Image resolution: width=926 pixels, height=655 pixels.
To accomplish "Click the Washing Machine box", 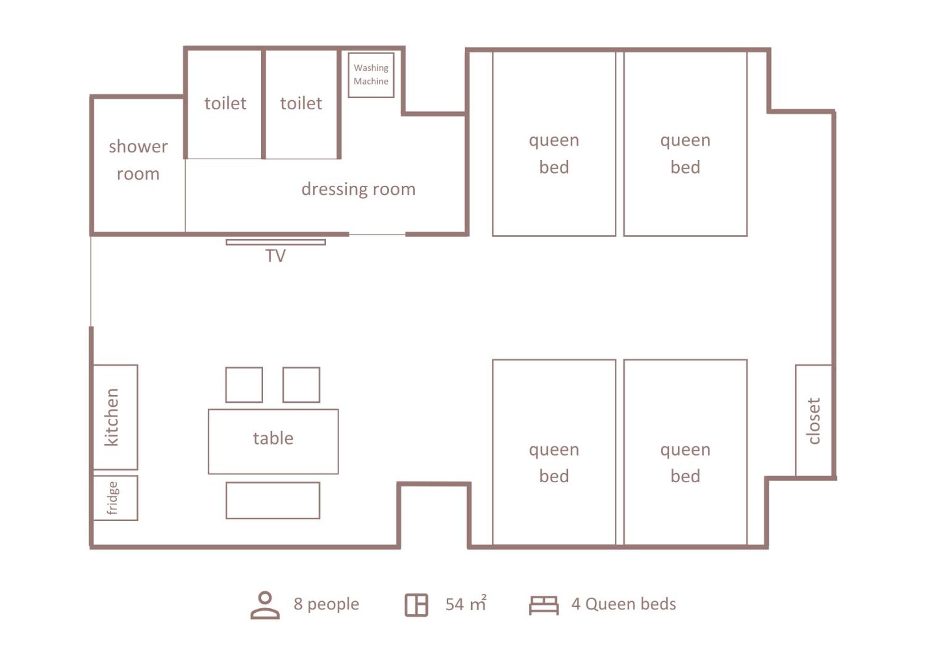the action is [371, 75].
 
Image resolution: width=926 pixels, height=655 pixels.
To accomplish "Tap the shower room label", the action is [138, 160].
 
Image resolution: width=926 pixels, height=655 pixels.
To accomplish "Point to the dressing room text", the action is [358, 189].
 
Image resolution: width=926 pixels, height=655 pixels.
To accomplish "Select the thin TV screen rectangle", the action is [276, 242].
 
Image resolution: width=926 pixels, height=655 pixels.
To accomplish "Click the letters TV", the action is [276, 256].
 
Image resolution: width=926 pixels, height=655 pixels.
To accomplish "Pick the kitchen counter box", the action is [115, 417].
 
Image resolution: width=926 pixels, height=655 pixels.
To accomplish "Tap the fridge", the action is [115, 498].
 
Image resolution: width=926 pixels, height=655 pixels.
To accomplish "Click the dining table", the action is [273, 441].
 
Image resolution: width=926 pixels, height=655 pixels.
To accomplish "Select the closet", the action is [813, 421].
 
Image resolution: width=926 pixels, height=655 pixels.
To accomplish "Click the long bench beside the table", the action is [273, 500].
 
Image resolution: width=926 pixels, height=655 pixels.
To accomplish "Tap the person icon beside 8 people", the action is [265, 605].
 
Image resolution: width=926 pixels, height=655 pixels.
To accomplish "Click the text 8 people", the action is [326, 604].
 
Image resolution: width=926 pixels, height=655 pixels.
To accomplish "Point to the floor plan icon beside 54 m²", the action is [416, 605].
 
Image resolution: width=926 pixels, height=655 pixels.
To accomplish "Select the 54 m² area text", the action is [466, 603].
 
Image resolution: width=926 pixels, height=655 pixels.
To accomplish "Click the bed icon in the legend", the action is [544, 605].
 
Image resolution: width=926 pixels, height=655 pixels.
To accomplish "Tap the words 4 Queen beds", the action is [624, 604].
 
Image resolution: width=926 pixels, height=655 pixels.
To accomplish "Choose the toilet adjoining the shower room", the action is [225, 104].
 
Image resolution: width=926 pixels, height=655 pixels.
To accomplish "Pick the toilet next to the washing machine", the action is [301, 104].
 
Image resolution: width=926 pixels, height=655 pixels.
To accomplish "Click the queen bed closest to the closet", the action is [685, 452].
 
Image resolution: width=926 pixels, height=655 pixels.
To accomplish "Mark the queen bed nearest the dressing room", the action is [554, 144].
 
